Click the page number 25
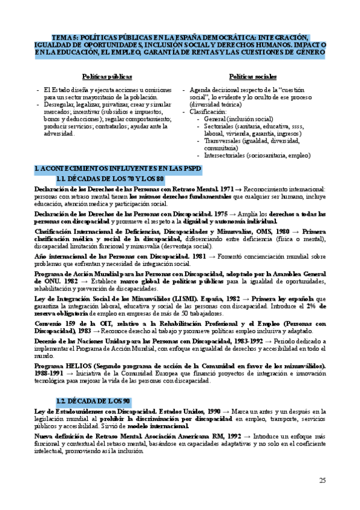(322, 480)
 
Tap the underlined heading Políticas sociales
(253, 77)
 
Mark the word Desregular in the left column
(59, 105)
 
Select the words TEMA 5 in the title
(65, 36)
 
